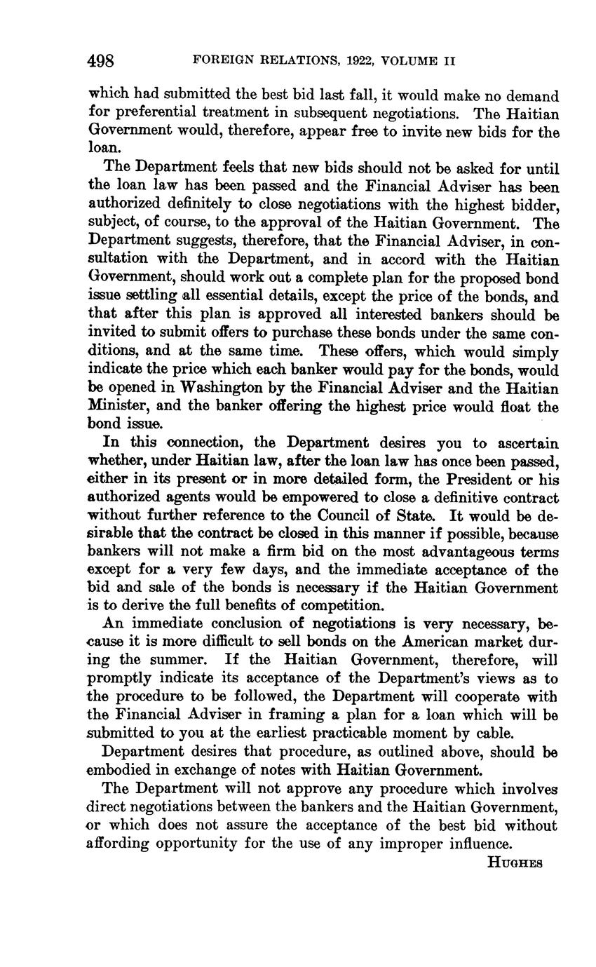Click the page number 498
[x=101, y=61]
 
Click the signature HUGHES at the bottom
[x=515, y=863]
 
